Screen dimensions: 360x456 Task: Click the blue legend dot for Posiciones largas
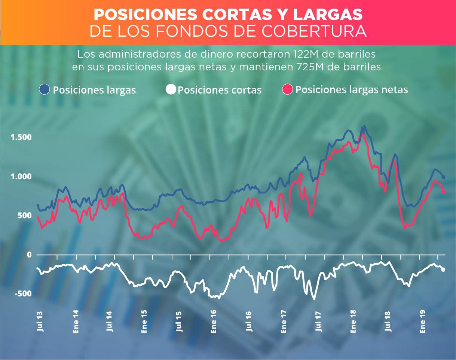pos(45,89)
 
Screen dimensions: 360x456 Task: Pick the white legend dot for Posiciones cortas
pos(171,89)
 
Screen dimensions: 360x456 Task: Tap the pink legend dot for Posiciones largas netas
pos(287,89)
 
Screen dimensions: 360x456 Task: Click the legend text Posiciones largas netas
pos(351,90)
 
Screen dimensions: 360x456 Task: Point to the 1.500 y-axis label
pos(21,137)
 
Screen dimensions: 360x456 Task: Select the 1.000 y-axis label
pos(21,176)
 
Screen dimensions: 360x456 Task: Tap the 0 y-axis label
pos(28,255)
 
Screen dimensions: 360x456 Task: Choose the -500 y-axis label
pos(24,294)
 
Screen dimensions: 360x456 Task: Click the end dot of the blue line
pos(444,177)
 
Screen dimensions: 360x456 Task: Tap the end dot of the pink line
pos(444,192)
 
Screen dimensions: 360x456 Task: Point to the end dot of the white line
pos(444,269)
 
